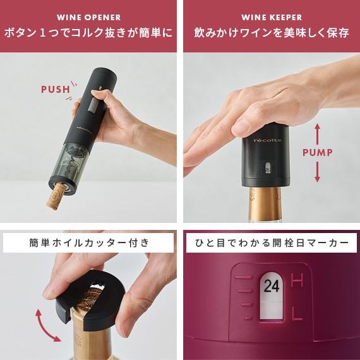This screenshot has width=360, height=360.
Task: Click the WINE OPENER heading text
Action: (x=88, y=17)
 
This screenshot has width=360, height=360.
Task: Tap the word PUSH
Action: (x=56, y=89)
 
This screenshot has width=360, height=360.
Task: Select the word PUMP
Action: (x=317, y=153)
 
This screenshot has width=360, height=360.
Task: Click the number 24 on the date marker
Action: (x=271, y=286)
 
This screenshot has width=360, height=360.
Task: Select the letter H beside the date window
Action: (x=296, y=279)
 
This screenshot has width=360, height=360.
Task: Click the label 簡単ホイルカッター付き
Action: (x=88, y=243)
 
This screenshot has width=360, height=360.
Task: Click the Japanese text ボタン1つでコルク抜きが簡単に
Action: (x=88, y=33)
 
